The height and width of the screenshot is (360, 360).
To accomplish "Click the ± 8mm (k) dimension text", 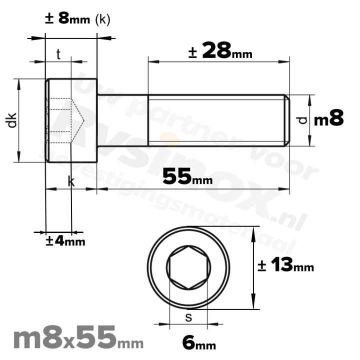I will tap(77, 19).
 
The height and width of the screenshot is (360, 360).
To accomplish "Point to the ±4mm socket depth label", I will tap(65, 241).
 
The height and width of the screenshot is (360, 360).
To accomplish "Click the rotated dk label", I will tap(12, 120).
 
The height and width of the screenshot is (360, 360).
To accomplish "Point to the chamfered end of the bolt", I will tap(287, 120).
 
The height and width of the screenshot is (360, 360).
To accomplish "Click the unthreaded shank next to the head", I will tap(122, 120).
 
